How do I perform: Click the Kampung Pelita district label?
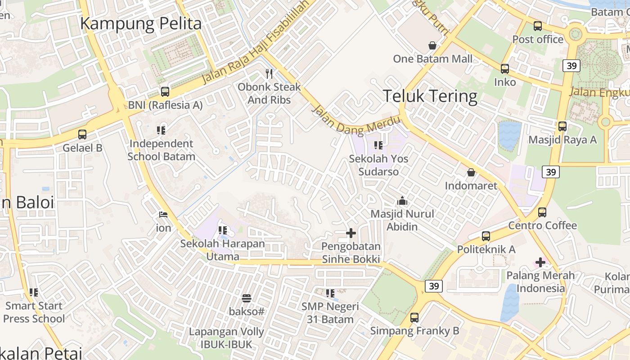click(140, 23)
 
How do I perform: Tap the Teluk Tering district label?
click(430, 96)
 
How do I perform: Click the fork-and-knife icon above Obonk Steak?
click(269, 73)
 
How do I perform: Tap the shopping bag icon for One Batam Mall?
click(432, 45)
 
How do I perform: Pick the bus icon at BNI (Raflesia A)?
click(165, 92)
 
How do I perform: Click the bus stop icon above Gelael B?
click(82, 134)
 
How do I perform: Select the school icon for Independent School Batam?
click(161, 130)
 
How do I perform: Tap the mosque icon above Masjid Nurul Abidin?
click(402, 201)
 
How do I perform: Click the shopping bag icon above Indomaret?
click(471, 172)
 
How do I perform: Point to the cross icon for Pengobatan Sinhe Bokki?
click(351, 233)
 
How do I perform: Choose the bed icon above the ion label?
click(163, 215)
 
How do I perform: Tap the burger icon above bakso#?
click(246, 298)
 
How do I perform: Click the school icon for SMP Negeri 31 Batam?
click(330, 293)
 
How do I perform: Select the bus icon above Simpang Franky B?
click(414, 318)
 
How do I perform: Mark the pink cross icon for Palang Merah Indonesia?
click(540, 262)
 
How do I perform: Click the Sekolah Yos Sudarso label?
click(378, 165)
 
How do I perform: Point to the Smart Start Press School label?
click(34, 312)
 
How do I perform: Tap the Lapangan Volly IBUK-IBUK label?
click(226, 338)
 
